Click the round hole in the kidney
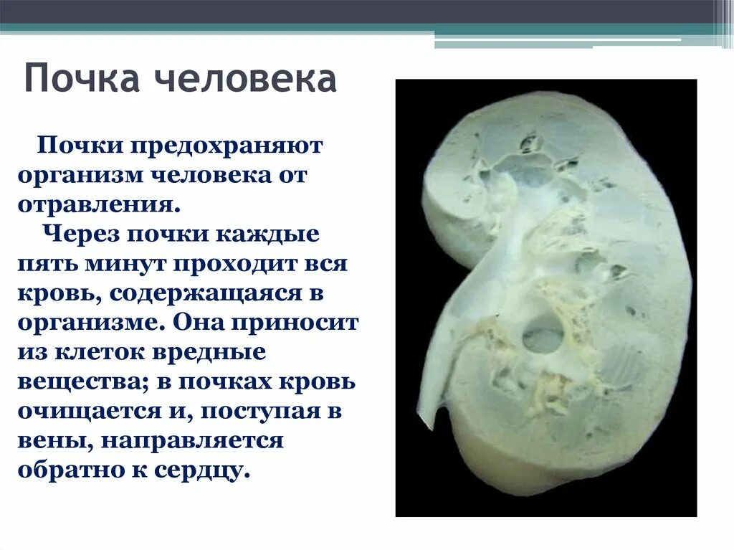pyautogui.click(x=543, y=335)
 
